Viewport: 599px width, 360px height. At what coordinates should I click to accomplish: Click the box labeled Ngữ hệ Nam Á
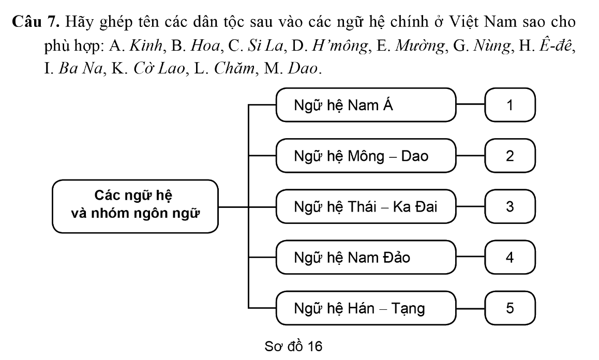[366, 105]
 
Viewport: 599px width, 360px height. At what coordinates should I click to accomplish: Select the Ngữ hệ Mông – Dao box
[366, 156]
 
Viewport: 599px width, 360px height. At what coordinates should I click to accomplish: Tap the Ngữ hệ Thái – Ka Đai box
[366, 207]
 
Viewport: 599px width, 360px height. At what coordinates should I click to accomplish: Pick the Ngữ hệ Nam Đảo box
[366, 257]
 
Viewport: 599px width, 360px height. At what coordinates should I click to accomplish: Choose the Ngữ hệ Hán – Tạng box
[366, 308]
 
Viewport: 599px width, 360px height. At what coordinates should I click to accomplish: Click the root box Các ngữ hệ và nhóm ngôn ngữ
[135, 206]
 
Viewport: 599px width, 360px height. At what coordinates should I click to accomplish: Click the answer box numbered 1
[510, 105]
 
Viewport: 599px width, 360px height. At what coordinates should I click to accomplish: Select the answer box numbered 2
[510, 156]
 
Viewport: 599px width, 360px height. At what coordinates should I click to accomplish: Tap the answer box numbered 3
[510, 207]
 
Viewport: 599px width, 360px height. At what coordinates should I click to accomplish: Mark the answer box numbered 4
[510, 257]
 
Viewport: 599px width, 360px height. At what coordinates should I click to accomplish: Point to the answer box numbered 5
[510, 308]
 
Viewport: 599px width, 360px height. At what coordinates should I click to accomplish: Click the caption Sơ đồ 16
[293, 346]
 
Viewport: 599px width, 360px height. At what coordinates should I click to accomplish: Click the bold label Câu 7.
[36, 22]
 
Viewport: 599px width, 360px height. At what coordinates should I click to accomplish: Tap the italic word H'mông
[340, 46]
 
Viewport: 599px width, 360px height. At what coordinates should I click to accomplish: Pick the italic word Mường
[420, 46]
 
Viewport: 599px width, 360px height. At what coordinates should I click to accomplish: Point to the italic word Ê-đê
[556, 46]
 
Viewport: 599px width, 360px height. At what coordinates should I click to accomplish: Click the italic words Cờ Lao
[159, 68]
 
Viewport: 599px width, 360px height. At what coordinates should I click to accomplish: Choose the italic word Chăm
[234, 68]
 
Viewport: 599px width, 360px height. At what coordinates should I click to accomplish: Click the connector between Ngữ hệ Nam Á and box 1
[471, 104]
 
